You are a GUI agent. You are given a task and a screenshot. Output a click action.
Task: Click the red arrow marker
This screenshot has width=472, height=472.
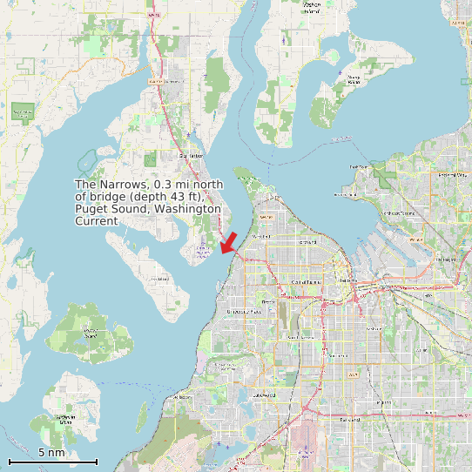click(230, 242)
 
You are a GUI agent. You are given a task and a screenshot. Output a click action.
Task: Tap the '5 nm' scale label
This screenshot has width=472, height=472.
click(51, 452)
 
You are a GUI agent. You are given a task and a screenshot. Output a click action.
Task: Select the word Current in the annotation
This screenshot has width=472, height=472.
click(96, 221)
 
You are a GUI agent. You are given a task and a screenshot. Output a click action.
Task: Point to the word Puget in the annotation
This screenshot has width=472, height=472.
click(91, 209)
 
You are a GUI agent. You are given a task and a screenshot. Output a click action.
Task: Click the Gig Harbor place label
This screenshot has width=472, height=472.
click(190, 156)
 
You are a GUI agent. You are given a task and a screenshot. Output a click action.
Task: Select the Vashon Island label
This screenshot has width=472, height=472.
click(311, 6)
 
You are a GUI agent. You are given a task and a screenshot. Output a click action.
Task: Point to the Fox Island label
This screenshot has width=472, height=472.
click(159, 279)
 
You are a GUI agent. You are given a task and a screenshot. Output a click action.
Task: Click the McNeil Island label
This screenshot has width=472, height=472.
click(91, 332)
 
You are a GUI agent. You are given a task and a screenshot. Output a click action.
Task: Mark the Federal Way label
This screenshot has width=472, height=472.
click(452, 175)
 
